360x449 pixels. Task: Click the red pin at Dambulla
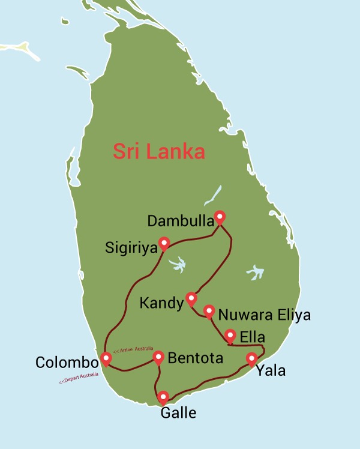pos(220,217)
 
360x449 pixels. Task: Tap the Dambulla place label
pos(179,221)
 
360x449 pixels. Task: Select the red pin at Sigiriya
pos(163,243)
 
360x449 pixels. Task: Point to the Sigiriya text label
pos(130,247)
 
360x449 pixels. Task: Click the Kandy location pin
pos(191,298)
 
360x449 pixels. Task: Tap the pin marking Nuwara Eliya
pos(209,311)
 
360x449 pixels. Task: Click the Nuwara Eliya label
pos(264,315)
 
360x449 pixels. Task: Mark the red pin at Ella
pos(230,336)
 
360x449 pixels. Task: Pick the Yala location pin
pos(252,359)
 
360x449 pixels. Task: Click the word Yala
pos(271,370)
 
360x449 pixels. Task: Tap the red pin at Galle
pos(163,397)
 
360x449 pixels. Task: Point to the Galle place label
pos(178,412)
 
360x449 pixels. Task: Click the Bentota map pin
pos(158,357)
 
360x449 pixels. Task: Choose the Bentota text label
pos(196,358)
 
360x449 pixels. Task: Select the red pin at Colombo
pos(106,359)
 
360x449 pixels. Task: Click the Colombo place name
pos(67,363)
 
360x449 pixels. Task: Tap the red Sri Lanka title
pos(159,151)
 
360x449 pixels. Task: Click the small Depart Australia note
pos(79,378)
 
